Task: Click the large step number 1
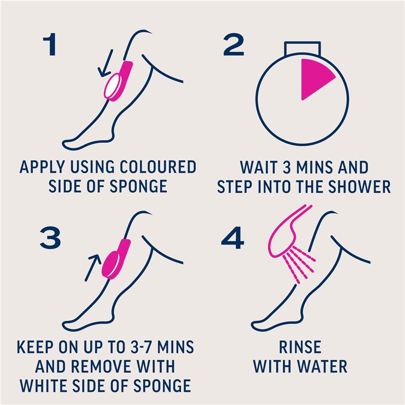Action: (x=50, y=44)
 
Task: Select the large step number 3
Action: (x=50, y=237)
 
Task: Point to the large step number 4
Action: (x=233, y=237)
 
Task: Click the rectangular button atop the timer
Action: (x=302, y=49)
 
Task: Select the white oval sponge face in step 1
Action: (x=111, y=87)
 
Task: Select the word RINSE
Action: (x=300, y=347)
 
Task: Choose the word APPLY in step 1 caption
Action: (x=43, y=167)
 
